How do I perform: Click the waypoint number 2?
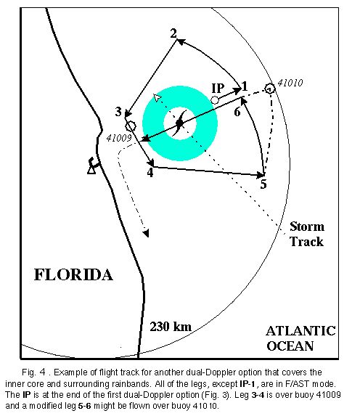coord(173,33)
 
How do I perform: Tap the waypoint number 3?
coord(118,112)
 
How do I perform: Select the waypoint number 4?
coord(150,173)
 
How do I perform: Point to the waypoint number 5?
coord(263,184)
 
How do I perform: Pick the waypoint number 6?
coord(237,112)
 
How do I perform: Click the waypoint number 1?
coord(245,86)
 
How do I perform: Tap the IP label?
coord(218,89)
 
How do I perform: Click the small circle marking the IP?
coord(215,100)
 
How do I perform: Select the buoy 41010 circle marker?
coord(269,89)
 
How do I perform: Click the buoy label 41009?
coord(119,138)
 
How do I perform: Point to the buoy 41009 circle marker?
coord(130,126)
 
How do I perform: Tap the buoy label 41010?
coord(290,83)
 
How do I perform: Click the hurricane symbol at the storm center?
coord(179,123)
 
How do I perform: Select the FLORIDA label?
coord(73,275)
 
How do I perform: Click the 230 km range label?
coord(171,327)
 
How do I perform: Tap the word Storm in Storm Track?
coord(307,227)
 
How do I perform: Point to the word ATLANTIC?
coord(300,331)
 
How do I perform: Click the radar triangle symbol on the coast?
coord(91,168)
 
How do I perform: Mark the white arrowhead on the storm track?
coord(157,97)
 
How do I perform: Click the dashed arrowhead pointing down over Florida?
coord(146,233)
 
